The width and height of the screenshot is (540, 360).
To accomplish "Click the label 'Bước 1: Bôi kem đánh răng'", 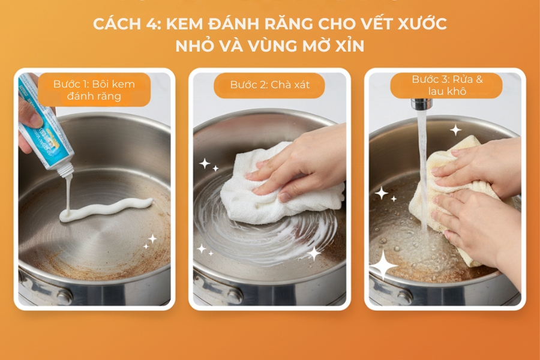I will click(x=94, y=89).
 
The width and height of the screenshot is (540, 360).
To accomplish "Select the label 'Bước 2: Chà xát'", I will click(x=269, y=85).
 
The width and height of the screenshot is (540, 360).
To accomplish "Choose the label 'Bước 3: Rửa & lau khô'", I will click(x=446, y=85).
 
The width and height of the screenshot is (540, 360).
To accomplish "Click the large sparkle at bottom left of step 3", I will click(x=384, y=264).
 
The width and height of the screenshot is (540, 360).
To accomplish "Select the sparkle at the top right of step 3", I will click(x=456, y=130).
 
